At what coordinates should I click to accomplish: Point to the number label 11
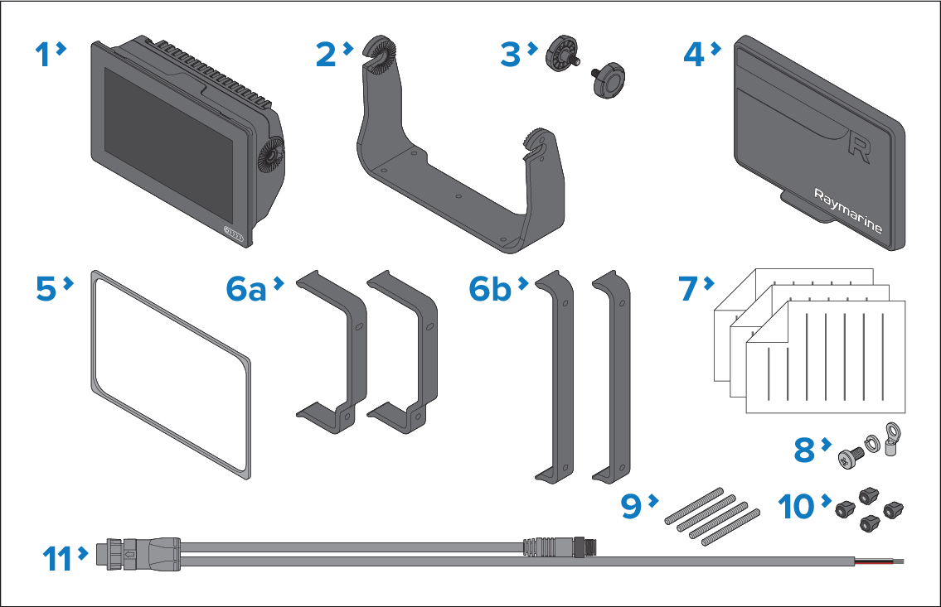pos(57,558)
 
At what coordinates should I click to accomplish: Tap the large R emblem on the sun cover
pos(859,149)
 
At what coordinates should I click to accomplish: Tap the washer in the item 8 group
pos(872,445)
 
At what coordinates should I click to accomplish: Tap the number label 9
pos(633,506)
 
